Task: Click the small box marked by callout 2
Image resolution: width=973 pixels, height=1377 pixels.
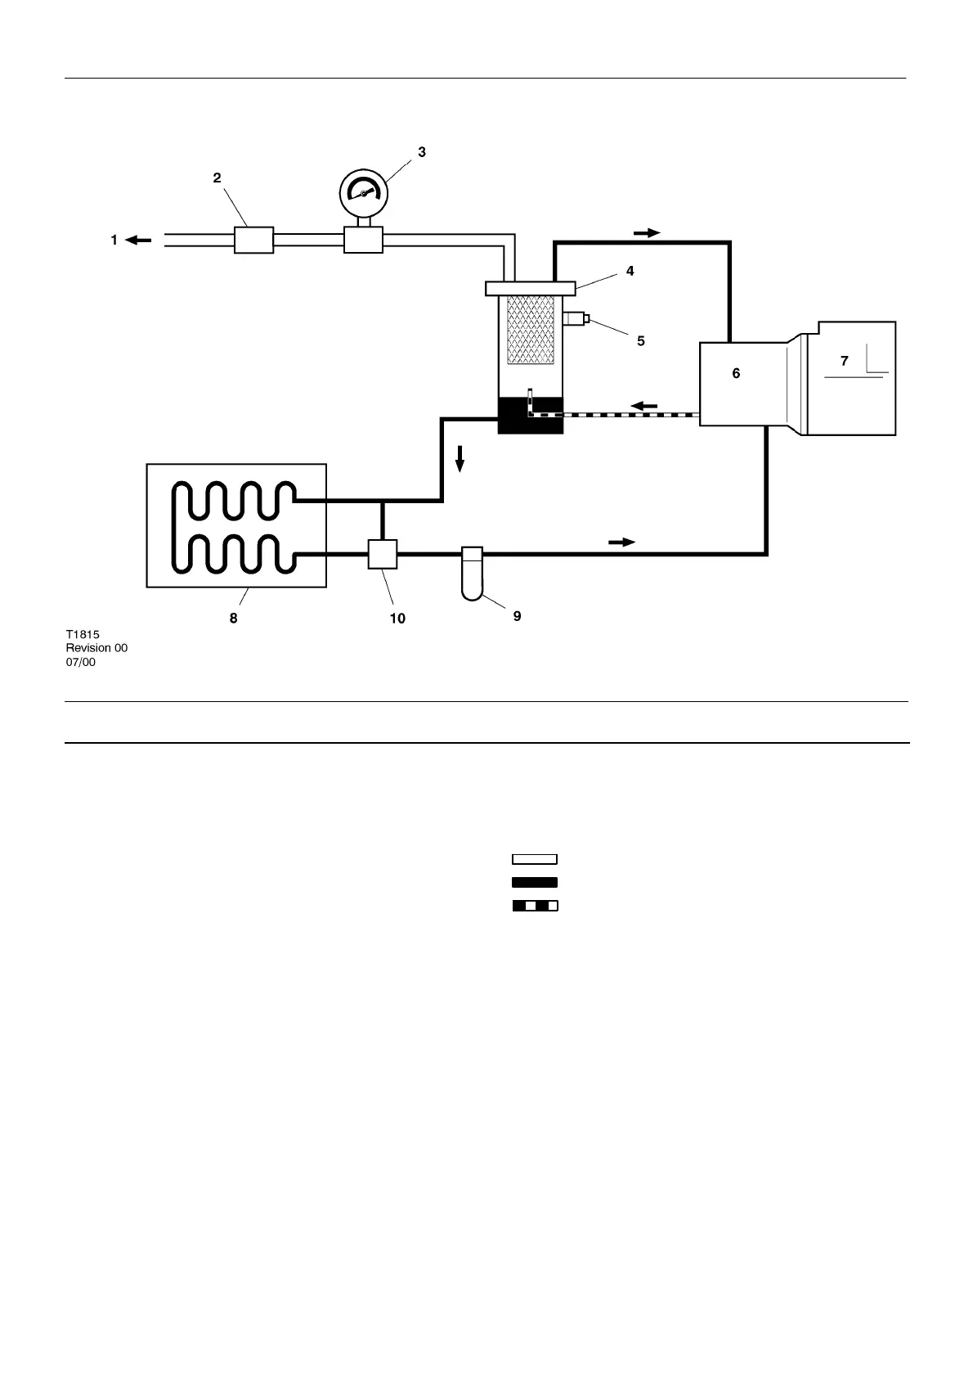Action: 253,240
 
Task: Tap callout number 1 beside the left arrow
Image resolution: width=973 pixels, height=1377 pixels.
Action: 114,240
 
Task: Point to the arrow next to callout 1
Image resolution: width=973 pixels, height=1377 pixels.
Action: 138,241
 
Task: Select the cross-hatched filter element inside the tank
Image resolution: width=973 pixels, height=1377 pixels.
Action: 531,330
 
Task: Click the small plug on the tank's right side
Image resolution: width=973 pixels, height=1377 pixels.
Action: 576,319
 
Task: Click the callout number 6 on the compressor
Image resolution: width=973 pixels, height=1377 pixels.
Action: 736,373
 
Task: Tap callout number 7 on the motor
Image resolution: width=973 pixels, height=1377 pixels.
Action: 845,360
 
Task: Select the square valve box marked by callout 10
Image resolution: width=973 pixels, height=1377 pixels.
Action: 382,554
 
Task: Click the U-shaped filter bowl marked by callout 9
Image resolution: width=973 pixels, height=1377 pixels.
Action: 473,574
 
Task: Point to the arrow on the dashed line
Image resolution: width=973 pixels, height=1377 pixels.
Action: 644,405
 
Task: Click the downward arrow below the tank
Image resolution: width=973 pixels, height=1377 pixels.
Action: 460,459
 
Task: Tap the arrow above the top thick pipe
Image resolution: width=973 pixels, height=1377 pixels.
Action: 647,232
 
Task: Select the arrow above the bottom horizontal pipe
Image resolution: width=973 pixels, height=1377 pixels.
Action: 621,542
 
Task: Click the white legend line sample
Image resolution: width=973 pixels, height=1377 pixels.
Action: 535,859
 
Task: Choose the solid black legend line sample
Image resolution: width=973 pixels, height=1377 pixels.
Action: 535,882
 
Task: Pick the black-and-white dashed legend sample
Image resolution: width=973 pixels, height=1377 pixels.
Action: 535,906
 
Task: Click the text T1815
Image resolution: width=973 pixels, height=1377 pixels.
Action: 83,634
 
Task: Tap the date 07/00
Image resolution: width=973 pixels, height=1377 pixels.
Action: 81,662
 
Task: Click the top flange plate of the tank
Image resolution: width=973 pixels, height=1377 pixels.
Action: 531,288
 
